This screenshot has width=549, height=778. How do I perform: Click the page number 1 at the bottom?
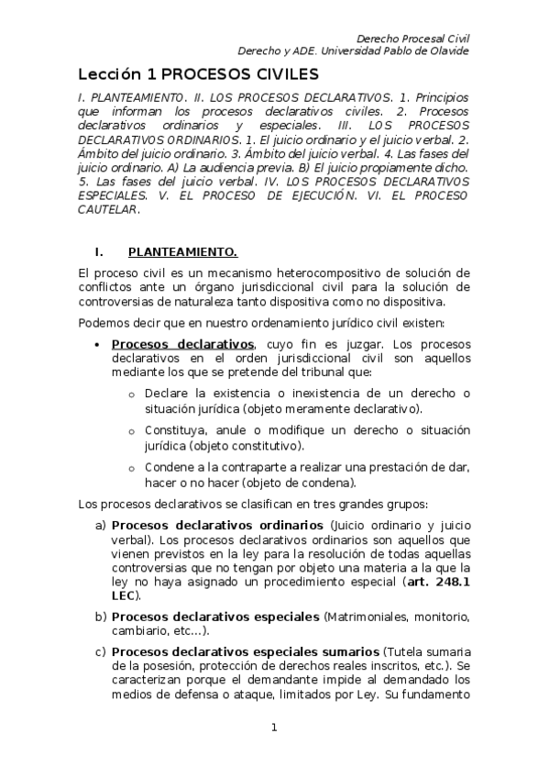[273, 728]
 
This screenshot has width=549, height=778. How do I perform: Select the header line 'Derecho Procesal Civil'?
[412, 38]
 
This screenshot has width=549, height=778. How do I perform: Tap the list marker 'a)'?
[101, 526]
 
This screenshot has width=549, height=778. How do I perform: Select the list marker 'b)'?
[101, 615]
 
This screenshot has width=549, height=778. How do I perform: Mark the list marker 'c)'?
[101, 650]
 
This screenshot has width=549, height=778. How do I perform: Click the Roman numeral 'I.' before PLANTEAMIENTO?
[102, 252]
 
